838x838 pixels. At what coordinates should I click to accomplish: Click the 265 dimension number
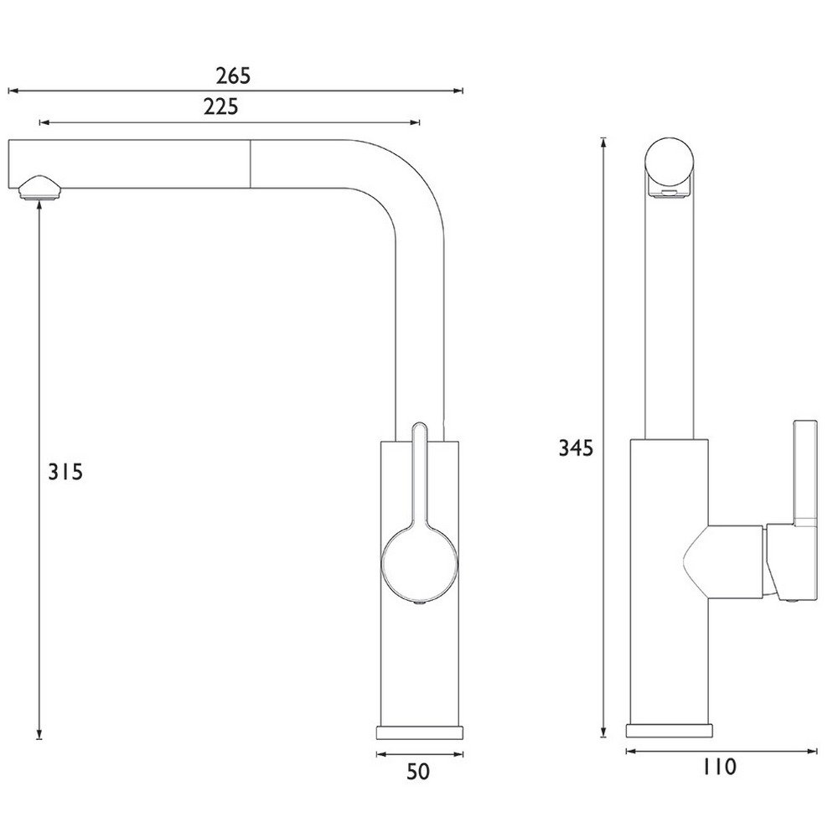(x=233, y=76)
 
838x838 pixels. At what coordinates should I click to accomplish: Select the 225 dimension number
(x=220, y=107)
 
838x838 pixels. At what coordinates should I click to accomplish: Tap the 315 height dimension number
(x=65, y=472)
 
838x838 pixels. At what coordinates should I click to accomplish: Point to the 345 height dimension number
(x=576, y=447)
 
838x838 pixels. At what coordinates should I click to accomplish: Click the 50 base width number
(x=418, y=772)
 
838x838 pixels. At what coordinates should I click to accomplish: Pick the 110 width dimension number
(x=719, y=767)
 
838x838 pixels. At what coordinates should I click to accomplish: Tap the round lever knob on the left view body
(x=419, y=566)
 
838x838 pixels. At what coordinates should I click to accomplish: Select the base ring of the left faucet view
(x=420, y=732)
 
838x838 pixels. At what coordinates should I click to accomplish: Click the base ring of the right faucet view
(x=670, y=731)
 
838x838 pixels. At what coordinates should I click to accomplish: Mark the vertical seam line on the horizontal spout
(x=250, y=164)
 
